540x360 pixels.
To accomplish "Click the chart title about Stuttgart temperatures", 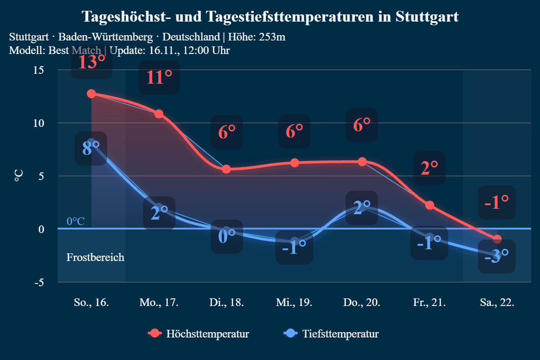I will pyautogui.click(x=270, y=17).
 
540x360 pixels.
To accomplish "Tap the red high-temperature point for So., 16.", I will pyautogui.click(x=91, y=94).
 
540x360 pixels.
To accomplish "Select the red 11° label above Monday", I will pyautogui.click(x=159, y=77).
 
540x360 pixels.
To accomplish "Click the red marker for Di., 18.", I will pyautogui.click(x=226, y=169).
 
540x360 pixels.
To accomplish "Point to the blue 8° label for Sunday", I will pyautogui.click(x=91, y=148).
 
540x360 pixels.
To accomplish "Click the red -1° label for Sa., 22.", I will pyautogui.click(x=497, y=202).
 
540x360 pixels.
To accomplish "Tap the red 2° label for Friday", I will pyautogui.click(x=429, y=168).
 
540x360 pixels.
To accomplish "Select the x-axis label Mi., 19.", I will pyautogui.click(x=294, y=302).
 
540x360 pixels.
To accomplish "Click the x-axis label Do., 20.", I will pyautogui.click(x=361, y=302).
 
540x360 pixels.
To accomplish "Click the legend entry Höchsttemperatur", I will pyautogui.click(x=207, y=334).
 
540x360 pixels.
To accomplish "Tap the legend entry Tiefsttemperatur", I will pyautogui.click(x=340, y=334).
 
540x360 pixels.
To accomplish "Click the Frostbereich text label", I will pyautogui.click(x=95, y=257).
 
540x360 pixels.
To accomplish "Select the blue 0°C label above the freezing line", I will pyautogui.click(x=76, y=221).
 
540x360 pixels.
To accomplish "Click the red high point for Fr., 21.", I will pyautogui.click(x=429, y=205).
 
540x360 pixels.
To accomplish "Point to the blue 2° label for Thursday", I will pyautogui.click(x=362, y=208).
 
